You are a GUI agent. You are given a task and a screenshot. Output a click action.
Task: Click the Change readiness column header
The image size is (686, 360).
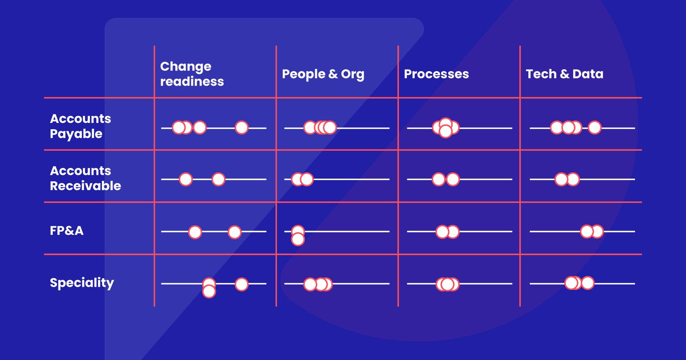192,74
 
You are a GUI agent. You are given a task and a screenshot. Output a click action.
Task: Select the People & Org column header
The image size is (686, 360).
323,74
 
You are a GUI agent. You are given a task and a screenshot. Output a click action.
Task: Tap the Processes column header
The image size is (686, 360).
436,74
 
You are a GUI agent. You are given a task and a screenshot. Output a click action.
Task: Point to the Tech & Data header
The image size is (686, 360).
564,74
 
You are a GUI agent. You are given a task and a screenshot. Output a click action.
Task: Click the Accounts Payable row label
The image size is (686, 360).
80,126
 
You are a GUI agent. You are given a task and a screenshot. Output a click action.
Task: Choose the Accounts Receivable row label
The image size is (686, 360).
85,178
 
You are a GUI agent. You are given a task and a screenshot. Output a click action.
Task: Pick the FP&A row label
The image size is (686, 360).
66,231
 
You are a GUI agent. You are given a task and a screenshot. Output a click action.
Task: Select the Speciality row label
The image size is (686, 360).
82,283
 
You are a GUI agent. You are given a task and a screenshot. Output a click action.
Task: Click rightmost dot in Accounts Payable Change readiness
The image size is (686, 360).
241,127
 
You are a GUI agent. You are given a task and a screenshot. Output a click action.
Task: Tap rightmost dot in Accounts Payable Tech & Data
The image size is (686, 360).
594,127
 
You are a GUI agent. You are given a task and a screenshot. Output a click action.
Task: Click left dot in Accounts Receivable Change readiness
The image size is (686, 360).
186,179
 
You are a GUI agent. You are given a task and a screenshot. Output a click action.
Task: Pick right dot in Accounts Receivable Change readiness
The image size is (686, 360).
218,179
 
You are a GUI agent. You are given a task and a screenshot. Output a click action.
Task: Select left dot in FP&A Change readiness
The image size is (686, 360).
195,232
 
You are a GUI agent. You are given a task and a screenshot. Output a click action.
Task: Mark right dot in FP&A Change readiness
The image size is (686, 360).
235,232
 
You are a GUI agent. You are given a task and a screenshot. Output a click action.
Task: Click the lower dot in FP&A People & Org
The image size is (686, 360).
298,239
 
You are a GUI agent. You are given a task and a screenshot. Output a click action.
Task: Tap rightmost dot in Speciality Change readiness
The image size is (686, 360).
241,284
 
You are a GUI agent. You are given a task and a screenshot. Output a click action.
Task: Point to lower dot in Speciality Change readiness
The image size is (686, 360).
209,291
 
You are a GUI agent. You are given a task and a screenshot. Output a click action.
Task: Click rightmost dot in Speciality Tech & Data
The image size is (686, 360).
587,283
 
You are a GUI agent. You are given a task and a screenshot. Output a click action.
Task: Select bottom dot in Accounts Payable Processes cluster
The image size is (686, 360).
445,132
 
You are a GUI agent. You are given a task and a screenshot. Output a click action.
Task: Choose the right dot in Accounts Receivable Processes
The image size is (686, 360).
453,179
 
